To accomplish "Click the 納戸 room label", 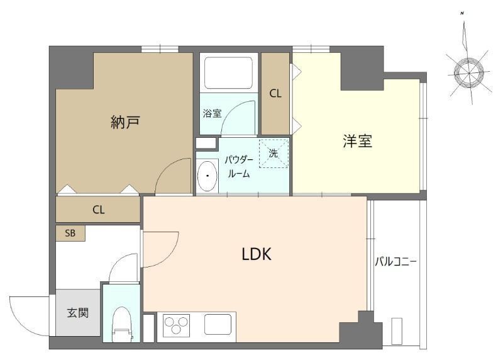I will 124,122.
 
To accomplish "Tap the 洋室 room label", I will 357,142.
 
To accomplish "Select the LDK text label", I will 257,254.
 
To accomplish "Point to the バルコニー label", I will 396,261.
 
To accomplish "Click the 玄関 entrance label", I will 77,311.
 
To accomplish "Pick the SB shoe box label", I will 70,232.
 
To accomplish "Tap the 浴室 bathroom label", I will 212,114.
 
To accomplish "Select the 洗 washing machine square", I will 273,154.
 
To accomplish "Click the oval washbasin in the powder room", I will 207,176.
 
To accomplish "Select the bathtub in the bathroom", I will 227,72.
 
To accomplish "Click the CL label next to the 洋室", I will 275,94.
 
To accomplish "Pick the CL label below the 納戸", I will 98,210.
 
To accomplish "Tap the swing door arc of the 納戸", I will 172,176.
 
